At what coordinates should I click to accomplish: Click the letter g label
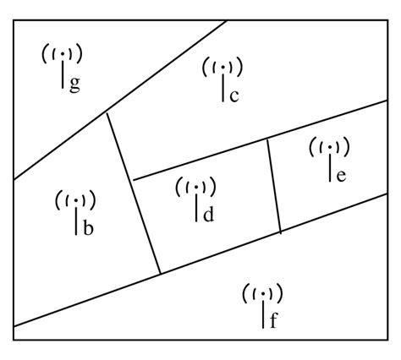point(75,86)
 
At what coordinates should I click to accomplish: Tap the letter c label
point(233,95)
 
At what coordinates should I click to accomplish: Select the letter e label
point(341,175)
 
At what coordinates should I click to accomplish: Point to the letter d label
point(208,215)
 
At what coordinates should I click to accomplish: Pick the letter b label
point(88,228)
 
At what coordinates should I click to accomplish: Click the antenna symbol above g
point(63,56)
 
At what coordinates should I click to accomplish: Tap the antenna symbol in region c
point(222,66)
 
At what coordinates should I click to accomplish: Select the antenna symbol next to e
point(330,147)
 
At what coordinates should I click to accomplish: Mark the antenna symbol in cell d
point(196,188)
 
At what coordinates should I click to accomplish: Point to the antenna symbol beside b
point(76,201)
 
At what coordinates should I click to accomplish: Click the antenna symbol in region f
point(263,294)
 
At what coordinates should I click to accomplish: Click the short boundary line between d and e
point(274,185)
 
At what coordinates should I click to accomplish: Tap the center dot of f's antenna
point(263,293)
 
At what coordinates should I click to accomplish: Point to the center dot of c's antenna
point(222,66)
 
